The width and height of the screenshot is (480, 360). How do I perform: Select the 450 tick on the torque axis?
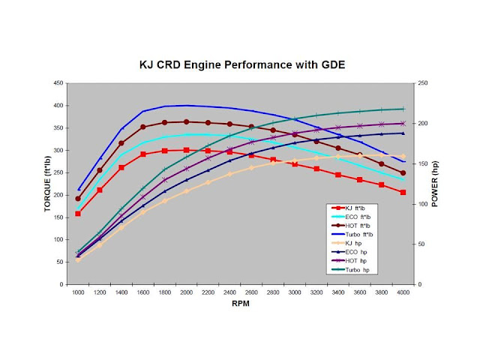58,83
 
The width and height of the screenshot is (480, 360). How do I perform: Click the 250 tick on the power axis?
424,83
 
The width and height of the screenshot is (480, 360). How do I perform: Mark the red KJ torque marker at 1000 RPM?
78,214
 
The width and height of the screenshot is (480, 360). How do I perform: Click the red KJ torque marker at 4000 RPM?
403,192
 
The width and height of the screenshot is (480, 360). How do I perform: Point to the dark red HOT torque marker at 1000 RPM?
78,199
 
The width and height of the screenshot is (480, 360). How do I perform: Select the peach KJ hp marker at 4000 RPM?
403,156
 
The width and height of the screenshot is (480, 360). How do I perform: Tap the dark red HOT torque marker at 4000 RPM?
403,172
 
